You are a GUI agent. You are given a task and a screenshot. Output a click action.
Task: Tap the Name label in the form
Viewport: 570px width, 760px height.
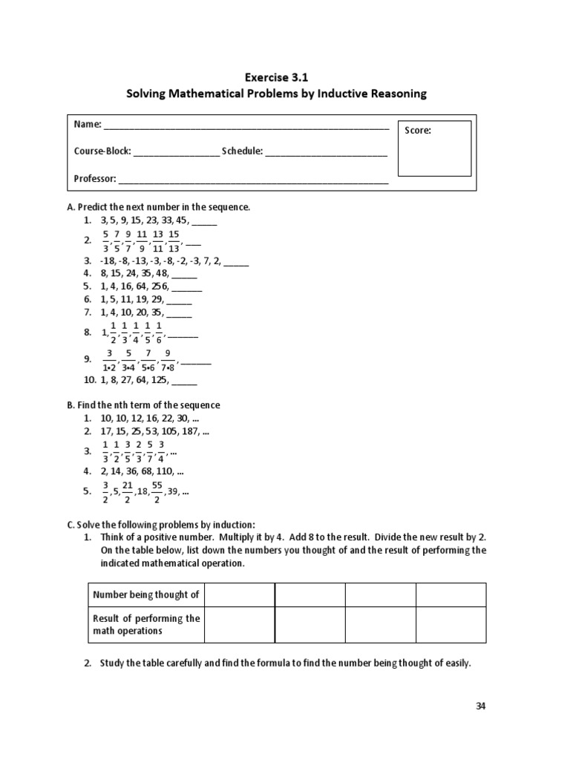point(86,124)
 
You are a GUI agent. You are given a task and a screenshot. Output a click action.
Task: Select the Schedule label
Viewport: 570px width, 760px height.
point(242,151)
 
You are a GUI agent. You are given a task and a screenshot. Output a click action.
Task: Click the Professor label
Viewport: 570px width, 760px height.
point(95,179)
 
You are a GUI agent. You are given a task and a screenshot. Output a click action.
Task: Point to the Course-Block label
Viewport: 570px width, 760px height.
point(102,151)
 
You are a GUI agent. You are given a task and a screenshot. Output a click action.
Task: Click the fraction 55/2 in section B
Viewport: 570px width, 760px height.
point(157,491)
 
